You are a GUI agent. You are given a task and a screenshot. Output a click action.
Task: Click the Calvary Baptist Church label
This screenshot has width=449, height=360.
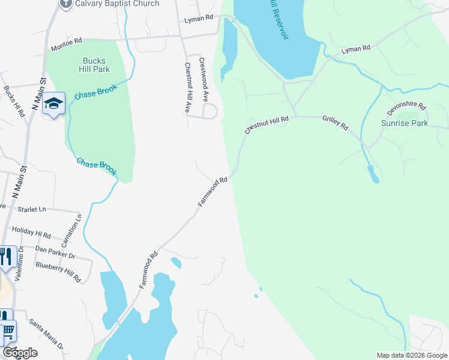[117, 4]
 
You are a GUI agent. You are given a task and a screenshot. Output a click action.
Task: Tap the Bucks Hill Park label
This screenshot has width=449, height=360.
[94, 65]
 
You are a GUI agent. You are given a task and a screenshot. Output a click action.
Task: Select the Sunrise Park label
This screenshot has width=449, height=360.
[405, 123]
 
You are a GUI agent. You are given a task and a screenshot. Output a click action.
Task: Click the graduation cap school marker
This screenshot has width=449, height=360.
[53, 104]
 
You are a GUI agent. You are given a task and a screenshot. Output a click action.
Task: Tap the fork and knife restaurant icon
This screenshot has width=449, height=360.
[6, 257]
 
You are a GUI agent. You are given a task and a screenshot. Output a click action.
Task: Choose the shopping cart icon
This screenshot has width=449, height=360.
[7, 331]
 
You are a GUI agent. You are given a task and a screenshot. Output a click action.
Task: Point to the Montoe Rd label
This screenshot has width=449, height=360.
[66, 44]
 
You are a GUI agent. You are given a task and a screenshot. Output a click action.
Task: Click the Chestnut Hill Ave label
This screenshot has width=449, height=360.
[188, 88]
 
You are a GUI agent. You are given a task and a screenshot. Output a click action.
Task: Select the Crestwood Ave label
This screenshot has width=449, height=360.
[203, 79]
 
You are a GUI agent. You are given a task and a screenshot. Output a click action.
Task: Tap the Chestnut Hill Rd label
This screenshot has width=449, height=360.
[267, 125]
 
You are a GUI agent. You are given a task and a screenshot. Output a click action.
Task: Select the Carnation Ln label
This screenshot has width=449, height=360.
[71, 230]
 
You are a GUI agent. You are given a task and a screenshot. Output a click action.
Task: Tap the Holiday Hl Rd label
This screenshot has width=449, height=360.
[31, 232]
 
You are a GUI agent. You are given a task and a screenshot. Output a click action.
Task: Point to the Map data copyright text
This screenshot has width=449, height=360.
[412, 355]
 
